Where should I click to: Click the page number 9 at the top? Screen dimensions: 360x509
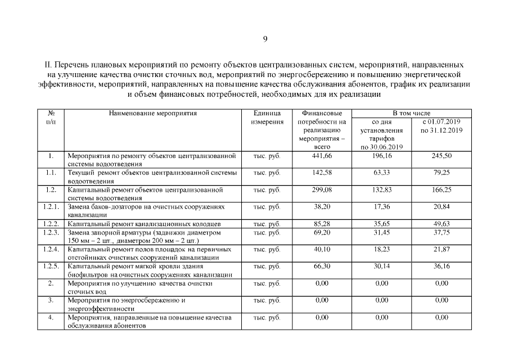265,39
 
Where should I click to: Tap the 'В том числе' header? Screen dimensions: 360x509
411,113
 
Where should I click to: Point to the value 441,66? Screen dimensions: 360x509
322,156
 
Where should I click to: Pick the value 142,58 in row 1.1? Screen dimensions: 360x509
322,172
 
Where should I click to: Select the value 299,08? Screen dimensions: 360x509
322,190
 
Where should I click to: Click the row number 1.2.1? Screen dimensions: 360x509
51,206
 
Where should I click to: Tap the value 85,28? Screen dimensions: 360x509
322,224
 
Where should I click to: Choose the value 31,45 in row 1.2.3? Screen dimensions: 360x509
381,232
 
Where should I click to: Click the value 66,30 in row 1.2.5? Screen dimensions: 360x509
322,265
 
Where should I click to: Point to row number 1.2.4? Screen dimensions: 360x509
51,249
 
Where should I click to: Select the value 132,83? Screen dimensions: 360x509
381,190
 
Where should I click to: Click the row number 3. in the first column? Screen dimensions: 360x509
51,300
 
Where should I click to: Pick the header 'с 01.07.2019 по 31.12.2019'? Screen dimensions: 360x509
442,126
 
